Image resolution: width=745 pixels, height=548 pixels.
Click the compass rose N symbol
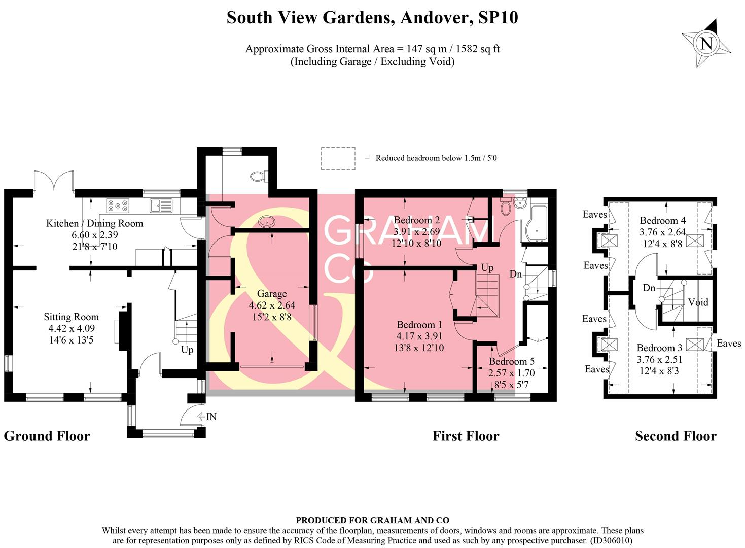(x=706, y=43)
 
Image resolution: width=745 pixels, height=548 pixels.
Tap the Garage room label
(x=272, y=294)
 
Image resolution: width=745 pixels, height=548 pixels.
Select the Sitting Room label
(x=71, y=317)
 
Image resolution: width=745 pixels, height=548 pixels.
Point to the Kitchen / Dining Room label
(x=95, y=223)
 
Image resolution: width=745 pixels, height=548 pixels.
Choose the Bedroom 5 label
(x=511, y=362)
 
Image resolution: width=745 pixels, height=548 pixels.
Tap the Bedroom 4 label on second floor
(x=662, y=221)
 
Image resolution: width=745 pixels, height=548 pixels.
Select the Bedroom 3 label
(x=659, y=348)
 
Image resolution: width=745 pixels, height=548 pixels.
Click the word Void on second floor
(x=698, y=302)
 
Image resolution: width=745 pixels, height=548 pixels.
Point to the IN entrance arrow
(x=207, y=417)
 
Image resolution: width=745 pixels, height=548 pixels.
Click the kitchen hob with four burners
(x=117, y=205)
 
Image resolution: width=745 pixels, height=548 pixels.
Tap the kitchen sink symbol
(x=161, y=205)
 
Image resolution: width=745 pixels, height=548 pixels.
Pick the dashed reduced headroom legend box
(x=338, y=158)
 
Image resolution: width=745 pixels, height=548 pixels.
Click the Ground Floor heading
(x=47, y=436)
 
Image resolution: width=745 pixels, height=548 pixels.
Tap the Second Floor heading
(x=676, y=436)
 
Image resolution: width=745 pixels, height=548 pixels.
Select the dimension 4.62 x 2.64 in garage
(x=272, y=305)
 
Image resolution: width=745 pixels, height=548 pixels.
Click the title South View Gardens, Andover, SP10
(x=372, y=18)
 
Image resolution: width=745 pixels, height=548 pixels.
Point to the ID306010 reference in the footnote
(x=612, y=541)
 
